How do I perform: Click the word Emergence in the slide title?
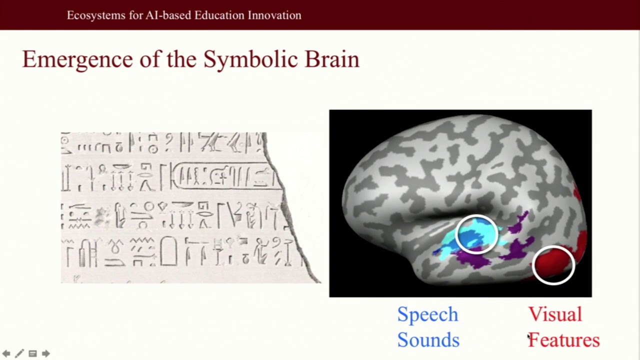pos(77,60)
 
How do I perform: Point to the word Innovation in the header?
pos(273,15)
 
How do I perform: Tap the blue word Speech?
pos(427,315)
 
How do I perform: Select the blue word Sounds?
pos(428,340)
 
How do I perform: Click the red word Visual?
pos(555,315)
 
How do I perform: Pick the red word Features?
pos(564,340)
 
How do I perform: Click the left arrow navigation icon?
pos(6,353)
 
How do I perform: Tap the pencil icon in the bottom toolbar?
pos(19,353)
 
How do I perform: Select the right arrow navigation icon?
pos(46,353)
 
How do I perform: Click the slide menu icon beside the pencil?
pos(33,353)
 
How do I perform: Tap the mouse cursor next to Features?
pos(529,337)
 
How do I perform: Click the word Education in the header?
pos(217,15)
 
